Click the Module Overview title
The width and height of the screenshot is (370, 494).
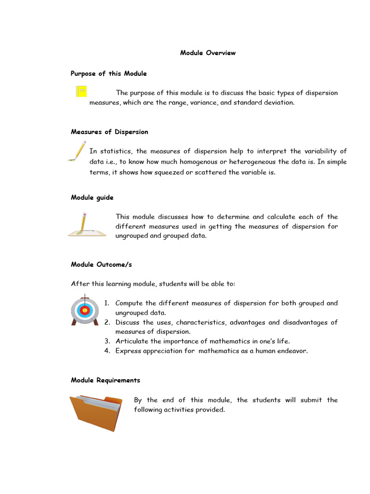208,53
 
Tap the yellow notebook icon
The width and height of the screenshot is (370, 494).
81,91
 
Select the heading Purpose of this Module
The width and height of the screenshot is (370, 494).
108,73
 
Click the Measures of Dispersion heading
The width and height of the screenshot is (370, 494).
109,132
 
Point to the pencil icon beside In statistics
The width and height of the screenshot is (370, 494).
78,151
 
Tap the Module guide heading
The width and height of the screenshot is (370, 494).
92,197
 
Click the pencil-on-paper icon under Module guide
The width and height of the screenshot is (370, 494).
86,225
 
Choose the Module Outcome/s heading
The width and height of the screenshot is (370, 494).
101,264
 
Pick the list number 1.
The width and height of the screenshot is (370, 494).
106,303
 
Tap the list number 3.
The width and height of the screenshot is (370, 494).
107,341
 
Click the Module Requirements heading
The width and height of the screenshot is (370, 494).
106,380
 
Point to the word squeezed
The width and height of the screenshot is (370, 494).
169,172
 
